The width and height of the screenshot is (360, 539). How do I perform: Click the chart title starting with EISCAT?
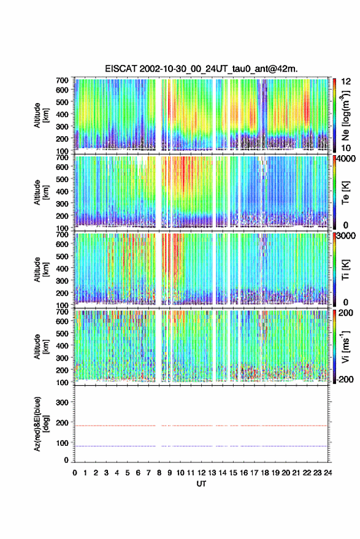(201, 69)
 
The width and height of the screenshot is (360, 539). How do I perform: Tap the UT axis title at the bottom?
(201, 484)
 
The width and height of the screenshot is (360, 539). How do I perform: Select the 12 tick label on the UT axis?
(202, 473)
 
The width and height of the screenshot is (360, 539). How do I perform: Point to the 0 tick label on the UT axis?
(75, 473)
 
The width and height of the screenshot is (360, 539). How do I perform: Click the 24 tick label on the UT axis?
(327, 473)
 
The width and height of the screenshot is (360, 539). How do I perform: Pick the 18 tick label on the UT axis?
(265, 473)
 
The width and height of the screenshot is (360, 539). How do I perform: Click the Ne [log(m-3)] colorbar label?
(345, 115)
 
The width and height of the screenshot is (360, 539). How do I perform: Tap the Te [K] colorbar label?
(345, 193)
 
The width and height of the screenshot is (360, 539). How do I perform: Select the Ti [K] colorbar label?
(345, 270)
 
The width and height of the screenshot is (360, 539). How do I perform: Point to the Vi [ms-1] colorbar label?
(345, 346)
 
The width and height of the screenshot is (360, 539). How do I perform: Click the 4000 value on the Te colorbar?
(347, 159)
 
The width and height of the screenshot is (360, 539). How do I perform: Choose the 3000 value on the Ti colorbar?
(347, 236)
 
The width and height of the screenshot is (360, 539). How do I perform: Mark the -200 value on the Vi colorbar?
(345, 379)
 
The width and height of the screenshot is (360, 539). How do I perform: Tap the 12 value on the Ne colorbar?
(346, 82)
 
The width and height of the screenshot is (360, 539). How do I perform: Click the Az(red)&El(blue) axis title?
(41, 424)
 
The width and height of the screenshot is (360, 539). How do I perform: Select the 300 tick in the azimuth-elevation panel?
(62, 402)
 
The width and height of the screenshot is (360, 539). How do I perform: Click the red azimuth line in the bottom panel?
(201, 426)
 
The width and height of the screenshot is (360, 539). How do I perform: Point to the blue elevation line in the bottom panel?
(201, 446)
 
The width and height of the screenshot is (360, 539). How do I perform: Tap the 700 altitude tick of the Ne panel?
(62, 80)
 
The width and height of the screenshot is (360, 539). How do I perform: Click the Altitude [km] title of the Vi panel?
(41, 346)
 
